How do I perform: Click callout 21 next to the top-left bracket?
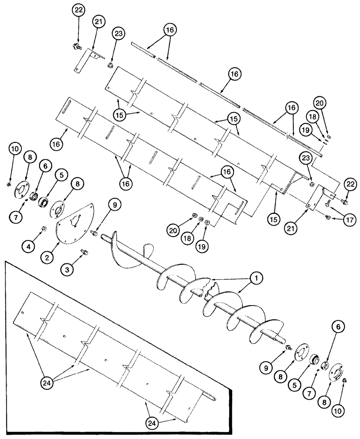(98, 22)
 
